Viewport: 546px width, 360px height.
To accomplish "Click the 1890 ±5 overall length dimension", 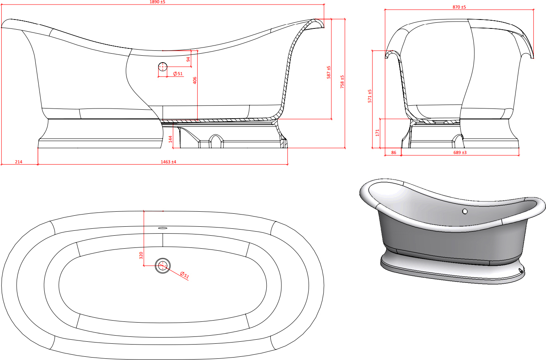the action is click(157, 2).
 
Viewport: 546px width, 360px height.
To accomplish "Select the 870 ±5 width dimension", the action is click(459, 7).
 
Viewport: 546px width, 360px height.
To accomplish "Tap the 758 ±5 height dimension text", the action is click(342, 82).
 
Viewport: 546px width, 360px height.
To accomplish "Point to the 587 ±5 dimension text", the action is click(328, 72).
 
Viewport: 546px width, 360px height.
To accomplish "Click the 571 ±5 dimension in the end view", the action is click(370, 96).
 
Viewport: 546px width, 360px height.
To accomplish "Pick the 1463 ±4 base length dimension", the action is click(168, 162).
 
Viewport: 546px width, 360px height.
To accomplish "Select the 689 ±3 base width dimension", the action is click(460, 152).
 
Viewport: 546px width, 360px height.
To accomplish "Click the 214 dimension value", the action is click(19, 162).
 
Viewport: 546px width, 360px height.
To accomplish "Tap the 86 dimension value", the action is click(394, 152).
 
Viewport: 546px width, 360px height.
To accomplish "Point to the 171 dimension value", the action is click(377, 133).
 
